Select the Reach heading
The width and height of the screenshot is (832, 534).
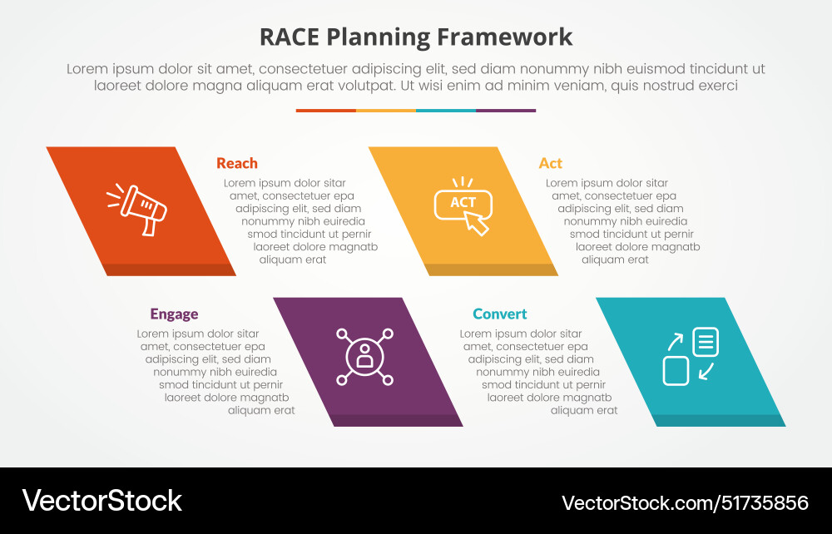point(237,163)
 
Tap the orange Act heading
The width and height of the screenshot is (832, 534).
point(550,163)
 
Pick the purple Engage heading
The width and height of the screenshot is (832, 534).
point(174,314)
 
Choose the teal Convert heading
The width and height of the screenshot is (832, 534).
point(500,314)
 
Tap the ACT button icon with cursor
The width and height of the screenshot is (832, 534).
point(463,205)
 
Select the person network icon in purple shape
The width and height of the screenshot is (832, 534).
point(364,356)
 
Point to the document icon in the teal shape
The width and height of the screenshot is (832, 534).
point(705,341)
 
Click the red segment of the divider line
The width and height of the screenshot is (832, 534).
point(326,110)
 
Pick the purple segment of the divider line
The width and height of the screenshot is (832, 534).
point(506,110)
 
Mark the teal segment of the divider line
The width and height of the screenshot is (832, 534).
point(446,110)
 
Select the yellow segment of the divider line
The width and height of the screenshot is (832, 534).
point(386,110)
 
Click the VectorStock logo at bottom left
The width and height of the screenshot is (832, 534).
point(102,500)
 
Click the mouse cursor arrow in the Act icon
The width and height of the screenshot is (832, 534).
point(477,222)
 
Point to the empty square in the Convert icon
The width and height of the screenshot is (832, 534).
point(676,370)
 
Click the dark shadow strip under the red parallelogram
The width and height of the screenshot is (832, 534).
point(166,269)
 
